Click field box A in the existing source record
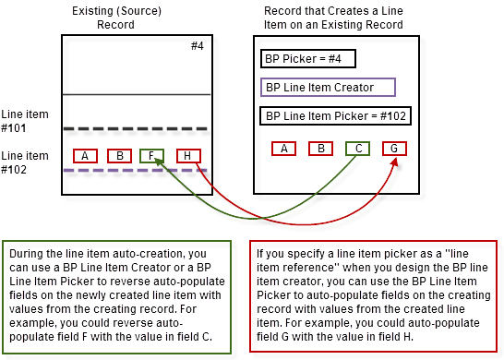coord(85,156)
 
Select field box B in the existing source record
coord(119,156)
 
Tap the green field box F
coord(153,156)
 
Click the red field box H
coord(187,156)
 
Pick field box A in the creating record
coord(283,148)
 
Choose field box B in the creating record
coord(319,148)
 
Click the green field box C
coord(356,148)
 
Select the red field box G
coord(393,148)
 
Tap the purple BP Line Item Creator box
coord(328,88)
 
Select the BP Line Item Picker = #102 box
coord(336,116)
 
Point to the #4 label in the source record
coord(197,46)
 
